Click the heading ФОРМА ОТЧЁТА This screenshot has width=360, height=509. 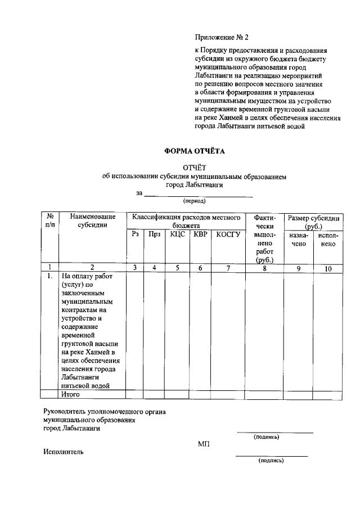[x=194, y=151]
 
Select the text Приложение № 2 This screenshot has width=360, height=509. [x=221, y=38]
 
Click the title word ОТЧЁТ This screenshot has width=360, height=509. [x=195, y=167]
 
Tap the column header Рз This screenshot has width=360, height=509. [x=135, y=235]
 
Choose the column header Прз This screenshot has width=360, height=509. [x=154, y=235]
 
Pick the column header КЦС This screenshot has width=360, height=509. [x=177, y=235]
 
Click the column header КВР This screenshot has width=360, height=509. [x=200, y=235]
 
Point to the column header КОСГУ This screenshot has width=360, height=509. [x=228, y=235]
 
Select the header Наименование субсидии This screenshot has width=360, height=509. [x=93, y=221]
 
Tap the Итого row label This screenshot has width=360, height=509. [x=71, y=395]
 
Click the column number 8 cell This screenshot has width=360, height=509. [x=264, y=268]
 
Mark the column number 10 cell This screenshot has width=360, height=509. [x=328, y=268]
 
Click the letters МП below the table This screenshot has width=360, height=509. [x=204, y=444]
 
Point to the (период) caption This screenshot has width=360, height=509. [x=195, y=201]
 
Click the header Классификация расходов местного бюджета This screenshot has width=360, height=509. [x=186, y=220]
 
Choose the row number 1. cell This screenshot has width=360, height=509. [x=50, y=277]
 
